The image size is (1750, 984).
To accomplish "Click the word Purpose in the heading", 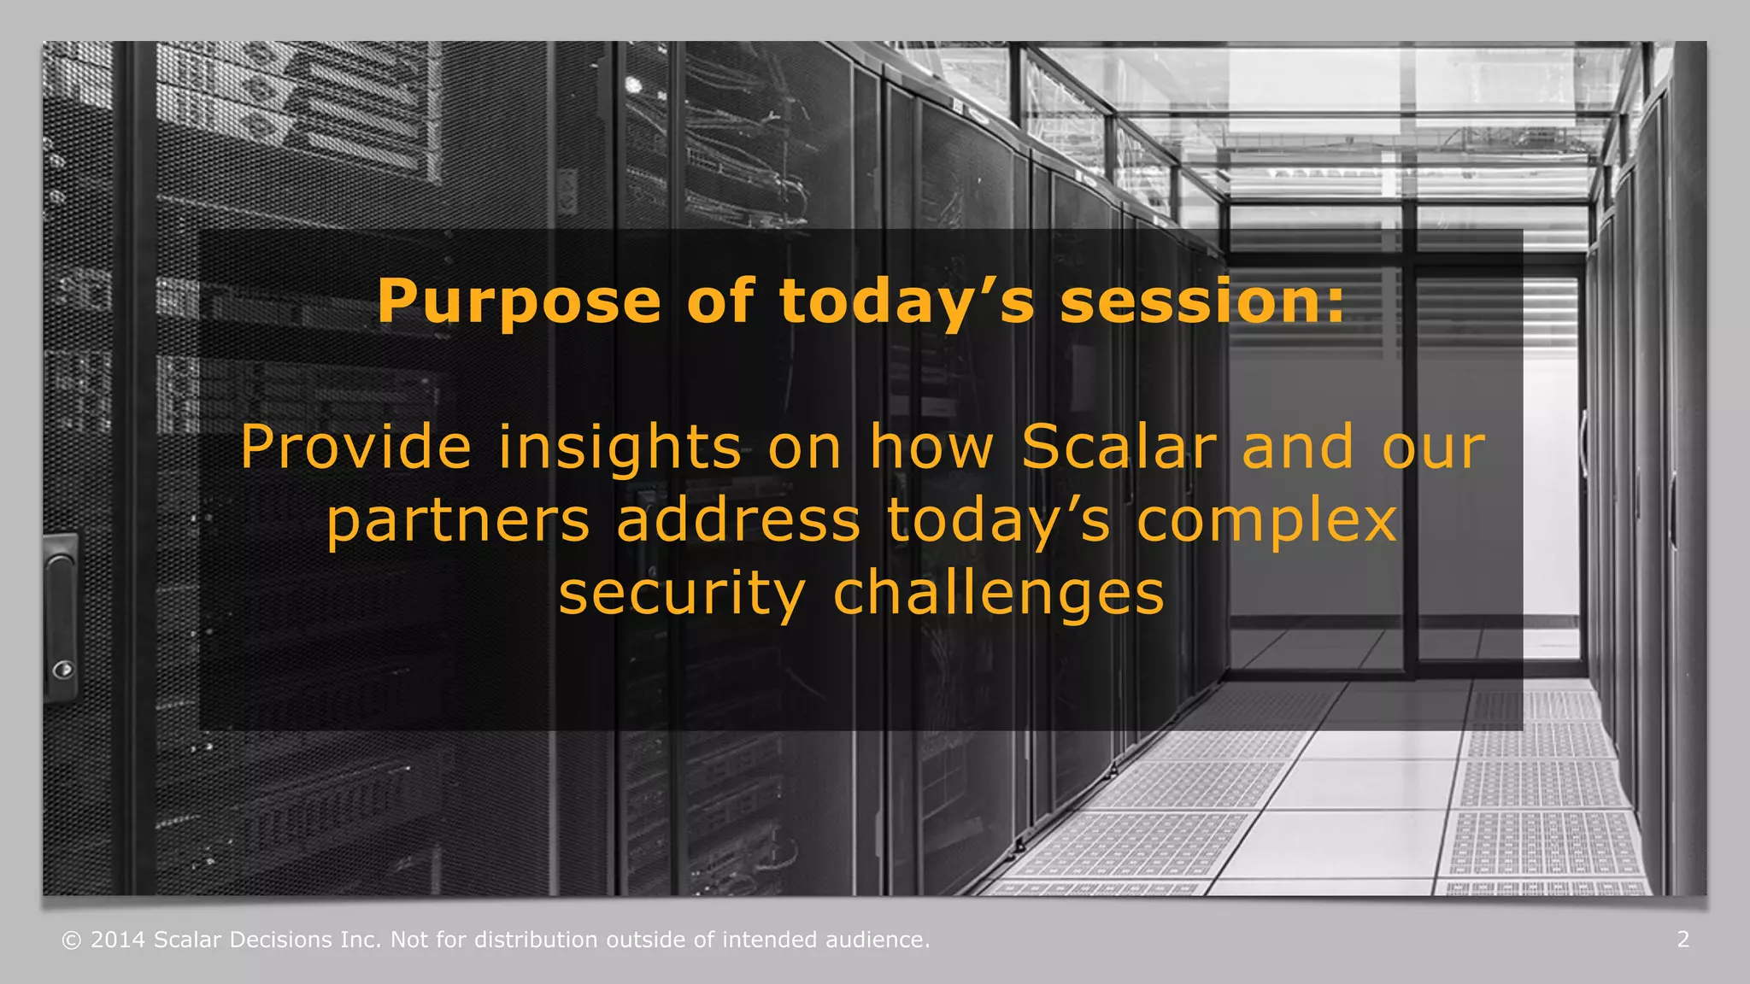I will click(x=519, y=302).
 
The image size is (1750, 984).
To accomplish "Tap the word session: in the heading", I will click(x=1202, y=302).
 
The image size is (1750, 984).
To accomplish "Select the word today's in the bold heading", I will click(x=907, y=302).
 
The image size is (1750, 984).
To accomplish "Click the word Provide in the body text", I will click(x=355, y=447).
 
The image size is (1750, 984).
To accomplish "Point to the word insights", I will click(x=620, y=447).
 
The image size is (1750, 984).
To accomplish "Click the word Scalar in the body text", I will click(x=1118, y=447).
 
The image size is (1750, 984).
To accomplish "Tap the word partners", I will click(x=458, y=520).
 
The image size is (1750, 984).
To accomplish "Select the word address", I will click(x=737, y=520).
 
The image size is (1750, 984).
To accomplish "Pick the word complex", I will click(x=1266, y=520).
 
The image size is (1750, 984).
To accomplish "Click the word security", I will click(x=681, y=594).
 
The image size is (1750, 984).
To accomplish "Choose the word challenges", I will click(x=998, y=594).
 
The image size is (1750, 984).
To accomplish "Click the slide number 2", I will click(x=1682, y=940).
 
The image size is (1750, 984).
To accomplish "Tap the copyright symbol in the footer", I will click(x=72, y=940).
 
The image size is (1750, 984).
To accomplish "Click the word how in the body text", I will click(x=931, y=447).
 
